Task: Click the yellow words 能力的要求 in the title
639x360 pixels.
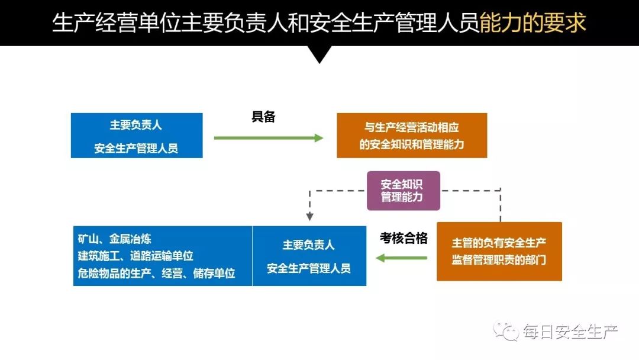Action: tap(532, 22)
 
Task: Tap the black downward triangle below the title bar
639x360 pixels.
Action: tap(320, 54)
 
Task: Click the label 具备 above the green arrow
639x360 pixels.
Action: tap(264, 117)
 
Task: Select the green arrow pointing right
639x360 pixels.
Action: tap(269, 138)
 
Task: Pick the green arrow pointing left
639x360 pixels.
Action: tap(402, 258)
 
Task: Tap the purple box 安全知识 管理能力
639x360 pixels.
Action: tap(404, 191)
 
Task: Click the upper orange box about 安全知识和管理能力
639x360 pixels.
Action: tap(412, 136)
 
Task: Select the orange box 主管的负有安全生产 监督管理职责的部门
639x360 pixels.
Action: tap(499, 251)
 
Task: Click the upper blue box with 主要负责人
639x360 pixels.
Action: tap(136, 136)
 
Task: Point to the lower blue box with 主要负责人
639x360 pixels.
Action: tap(309, 256)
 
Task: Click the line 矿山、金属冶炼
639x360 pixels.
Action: tap(115, 239)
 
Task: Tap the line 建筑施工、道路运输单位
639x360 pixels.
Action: tap(136, 256)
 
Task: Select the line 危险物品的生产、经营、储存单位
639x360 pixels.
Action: tap(157, 273)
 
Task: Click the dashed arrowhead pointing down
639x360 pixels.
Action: tap(309, 217)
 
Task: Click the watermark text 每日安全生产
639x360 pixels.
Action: tap(570, 332)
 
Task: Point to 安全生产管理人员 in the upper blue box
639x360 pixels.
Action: tap(136, 149)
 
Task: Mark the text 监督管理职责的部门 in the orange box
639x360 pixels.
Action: tap(499, 260)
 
